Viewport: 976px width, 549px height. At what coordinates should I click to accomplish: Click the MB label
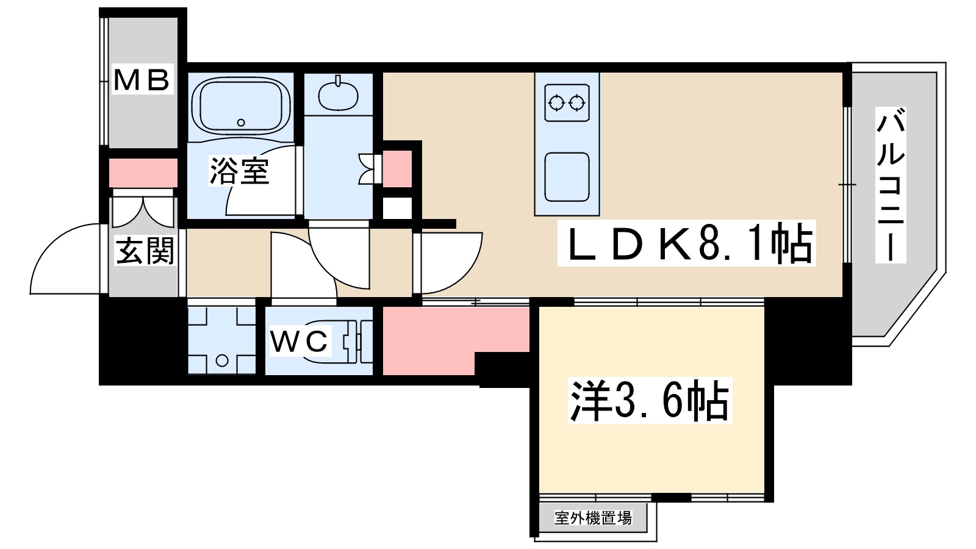click(x=142, y=80)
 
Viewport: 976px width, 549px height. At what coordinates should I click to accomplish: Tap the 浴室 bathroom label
click(x=239, y=171)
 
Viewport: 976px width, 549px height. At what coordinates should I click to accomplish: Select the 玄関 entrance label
click(x=145, y=251)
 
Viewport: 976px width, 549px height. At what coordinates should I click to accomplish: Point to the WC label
click(x=300, y=341)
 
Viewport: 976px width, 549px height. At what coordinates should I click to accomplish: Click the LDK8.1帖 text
click(x=687, y=243)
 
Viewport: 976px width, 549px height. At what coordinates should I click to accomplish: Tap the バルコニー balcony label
click(x=890, y=185)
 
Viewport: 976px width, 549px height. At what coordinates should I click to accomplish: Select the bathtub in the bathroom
click(x=241, y=105)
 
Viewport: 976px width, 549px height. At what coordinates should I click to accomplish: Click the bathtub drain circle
click(x=241, y=123)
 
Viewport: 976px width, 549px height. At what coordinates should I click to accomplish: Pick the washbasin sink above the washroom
click(x=337, y=95)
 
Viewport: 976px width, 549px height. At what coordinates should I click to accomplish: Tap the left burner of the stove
click(x=556, y=102)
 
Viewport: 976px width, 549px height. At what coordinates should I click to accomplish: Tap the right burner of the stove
click(x=577, y=102)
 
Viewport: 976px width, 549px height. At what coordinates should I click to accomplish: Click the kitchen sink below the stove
click(x=567, y=177)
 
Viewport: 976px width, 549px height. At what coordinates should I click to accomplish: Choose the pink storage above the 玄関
click(x=143, y=173)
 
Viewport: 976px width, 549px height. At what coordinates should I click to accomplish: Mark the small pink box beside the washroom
click(x=397, y=168)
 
